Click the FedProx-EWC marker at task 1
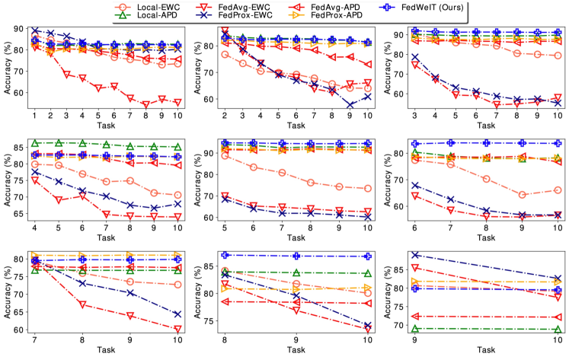34,30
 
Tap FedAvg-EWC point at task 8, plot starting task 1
126,104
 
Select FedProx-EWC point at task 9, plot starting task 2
349,104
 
